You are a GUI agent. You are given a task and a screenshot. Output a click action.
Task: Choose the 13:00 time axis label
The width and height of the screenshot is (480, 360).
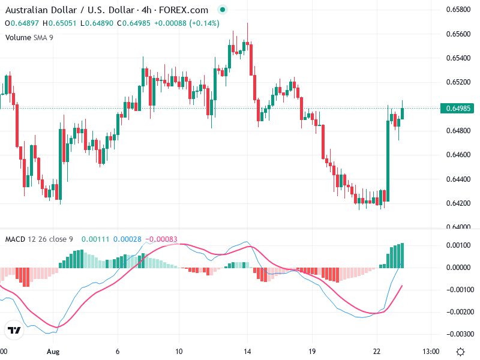431,351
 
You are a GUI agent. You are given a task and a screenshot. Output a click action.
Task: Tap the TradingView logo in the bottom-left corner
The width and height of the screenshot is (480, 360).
14,330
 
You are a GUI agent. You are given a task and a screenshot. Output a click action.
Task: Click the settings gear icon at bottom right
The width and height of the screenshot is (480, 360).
460,351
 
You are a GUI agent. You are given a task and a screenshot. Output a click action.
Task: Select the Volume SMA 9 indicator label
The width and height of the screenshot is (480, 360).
29,37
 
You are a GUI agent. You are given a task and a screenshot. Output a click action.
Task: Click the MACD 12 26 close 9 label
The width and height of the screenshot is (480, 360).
38,239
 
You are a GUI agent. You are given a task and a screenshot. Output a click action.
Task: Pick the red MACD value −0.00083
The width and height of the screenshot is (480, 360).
161,239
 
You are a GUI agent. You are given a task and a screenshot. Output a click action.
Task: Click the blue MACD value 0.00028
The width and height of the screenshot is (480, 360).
127,239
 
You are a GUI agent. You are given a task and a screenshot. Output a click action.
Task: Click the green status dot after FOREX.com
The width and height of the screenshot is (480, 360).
223,10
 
